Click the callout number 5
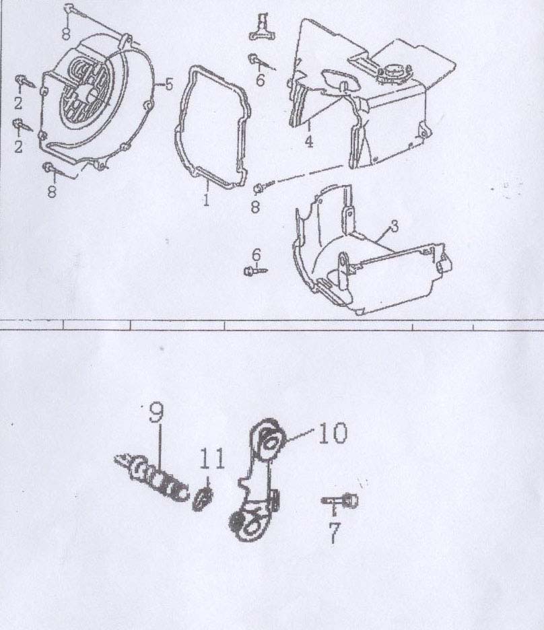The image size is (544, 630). tap(169, 84)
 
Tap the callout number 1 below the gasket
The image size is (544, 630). tap(206, 199)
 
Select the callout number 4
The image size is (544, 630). tap(308, 141)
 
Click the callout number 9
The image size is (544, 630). tap(156, 413)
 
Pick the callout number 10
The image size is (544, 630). tap(333, 433)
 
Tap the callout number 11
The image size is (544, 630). tap(212, 459)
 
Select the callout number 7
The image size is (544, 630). tap(334, 533)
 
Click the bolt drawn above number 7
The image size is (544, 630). tap(340, 501)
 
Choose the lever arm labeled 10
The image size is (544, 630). tap(257, 480)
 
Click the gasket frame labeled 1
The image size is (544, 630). tap(177, 133)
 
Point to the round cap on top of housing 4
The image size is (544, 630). tap(394, 72)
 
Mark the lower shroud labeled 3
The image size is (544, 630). tap(372, 251)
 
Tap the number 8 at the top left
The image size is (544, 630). tap(67, 33)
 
